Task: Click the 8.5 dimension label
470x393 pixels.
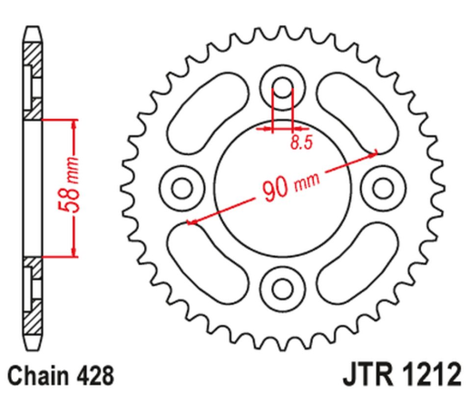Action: [299, 142]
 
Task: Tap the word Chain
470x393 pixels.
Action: [38, 372]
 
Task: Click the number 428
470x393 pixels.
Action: [91, 372]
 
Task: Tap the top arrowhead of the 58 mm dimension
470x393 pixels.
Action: [73, 123]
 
